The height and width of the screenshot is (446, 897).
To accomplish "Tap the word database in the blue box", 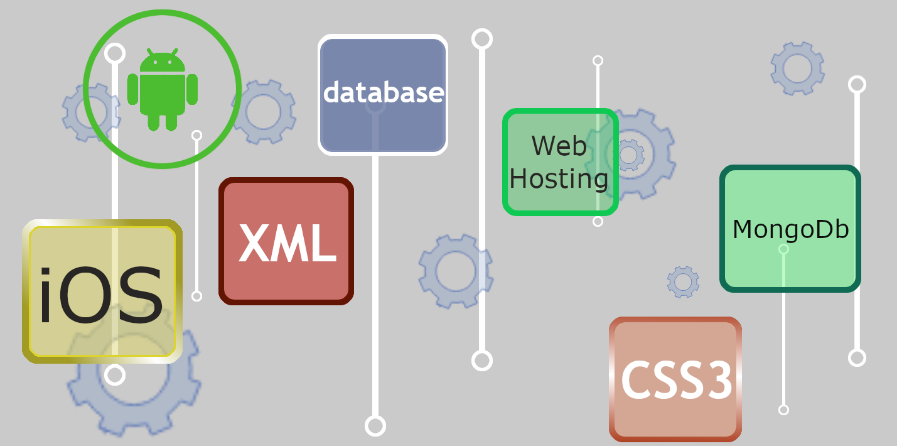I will click(x=384, y=93).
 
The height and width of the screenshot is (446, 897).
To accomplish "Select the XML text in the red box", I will click(x=287, y=244).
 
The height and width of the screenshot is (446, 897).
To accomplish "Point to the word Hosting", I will click(x=559, y=179).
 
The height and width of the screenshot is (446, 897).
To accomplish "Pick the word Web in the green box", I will click(x=559, y=146).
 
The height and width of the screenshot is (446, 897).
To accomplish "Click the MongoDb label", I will click(x=790, y=230).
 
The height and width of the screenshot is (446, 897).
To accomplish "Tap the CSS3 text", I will click(x=677, y=381).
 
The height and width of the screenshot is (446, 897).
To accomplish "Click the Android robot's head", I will click(x=162, y=61).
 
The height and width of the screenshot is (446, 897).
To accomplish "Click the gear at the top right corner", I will click(x=797, y=68).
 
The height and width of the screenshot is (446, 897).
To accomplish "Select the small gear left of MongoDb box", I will click(x=683, y=281).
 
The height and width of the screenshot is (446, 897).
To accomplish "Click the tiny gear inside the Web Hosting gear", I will click(x=628, y=155).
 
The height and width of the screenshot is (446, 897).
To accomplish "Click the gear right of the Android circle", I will click(x=264, y=112).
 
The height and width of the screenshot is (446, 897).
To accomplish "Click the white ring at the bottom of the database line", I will click(x=375, y=425).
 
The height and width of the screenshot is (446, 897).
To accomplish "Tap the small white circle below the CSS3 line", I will click(x=783, y=410).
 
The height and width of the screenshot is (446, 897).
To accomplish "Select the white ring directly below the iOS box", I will click(x=114, y=374).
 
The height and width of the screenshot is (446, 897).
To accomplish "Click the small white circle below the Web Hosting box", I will click(x=598, y=221).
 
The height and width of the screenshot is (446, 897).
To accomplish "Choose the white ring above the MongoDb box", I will click(x=857, y=84).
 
